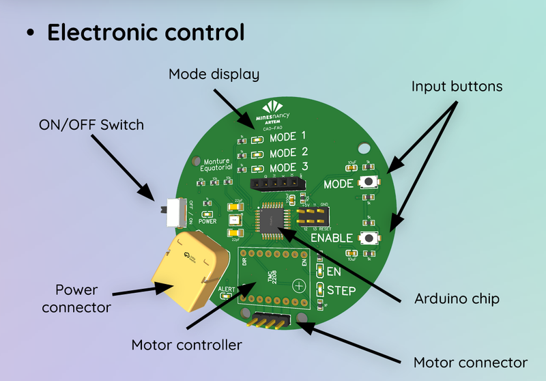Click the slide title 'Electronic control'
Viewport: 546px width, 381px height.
click(145, 32)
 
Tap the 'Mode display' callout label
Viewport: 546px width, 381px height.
click(215, 74)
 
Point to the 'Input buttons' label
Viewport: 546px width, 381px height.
click(457, 87)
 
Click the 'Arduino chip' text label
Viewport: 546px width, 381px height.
click(457, 299)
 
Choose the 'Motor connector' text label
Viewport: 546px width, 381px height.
click(471, 362)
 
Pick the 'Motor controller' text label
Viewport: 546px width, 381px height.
click(186, 345)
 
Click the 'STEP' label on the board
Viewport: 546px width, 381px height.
click(341, 290)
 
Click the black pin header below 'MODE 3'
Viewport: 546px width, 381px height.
click(274, 183)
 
